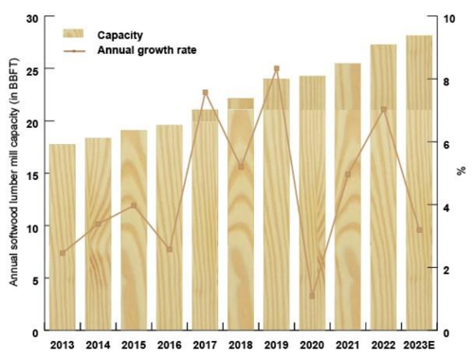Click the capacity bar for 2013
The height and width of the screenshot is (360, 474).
point(63,238)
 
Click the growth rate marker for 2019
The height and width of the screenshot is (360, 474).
point(276,68)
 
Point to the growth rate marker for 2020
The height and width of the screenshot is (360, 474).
point(312,296)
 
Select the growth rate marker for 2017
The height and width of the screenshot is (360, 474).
point(205,93)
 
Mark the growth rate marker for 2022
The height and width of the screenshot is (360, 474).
point(384,110)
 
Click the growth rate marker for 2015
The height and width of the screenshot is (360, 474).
point(134,206)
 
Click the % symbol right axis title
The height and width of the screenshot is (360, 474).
point(462,171)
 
